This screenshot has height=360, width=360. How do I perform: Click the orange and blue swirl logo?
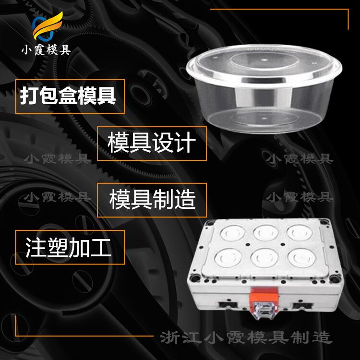(47, 26)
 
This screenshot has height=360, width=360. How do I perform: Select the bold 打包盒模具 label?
(68, 96)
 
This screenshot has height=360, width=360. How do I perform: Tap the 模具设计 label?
(152, 143)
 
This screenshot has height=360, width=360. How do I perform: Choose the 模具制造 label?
(153, 200)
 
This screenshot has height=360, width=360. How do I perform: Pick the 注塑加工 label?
(69, 248)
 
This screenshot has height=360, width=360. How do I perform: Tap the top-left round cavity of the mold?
(233, 233)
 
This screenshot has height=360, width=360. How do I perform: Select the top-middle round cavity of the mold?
(266, 232)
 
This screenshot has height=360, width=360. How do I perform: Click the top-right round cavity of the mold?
(300, 232)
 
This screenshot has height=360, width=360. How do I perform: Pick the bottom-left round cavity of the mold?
(228, 258)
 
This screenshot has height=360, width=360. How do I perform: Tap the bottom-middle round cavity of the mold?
(264, 258)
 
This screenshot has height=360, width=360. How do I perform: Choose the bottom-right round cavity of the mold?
(302, 258)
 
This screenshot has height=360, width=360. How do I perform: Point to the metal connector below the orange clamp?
(264, 311)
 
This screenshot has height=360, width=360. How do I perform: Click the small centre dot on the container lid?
(264, 60)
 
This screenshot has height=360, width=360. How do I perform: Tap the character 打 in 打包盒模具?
(29, 96)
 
